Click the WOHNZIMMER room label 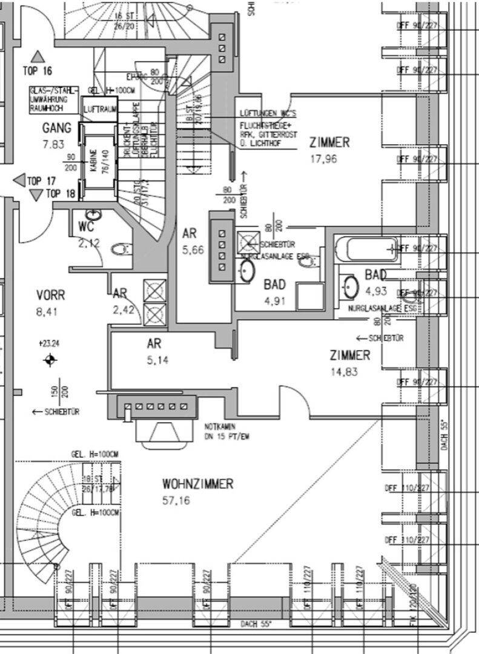pyautogui.click(x=197, y=484)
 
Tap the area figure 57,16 pyautogui.click(x=176, y=501)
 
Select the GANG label pyautogui.click(x=57, y=128)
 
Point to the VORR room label pyautogui.click(x=50, y=296)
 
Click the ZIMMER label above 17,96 pyautogui.click(x=329, y=143)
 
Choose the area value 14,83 pyautogui.click(x=344, y=372)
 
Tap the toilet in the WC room pyautogui.click(x=125, y=248)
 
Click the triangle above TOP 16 pyautogui.click(x=38, y=56)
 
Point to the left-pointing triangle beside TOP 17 pyautogui.click(x=18, y=180)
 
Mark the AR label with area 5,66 pyautogui.click(x=190, y=233)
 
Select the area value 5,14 pyautogui.click(x=159, y=360)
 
